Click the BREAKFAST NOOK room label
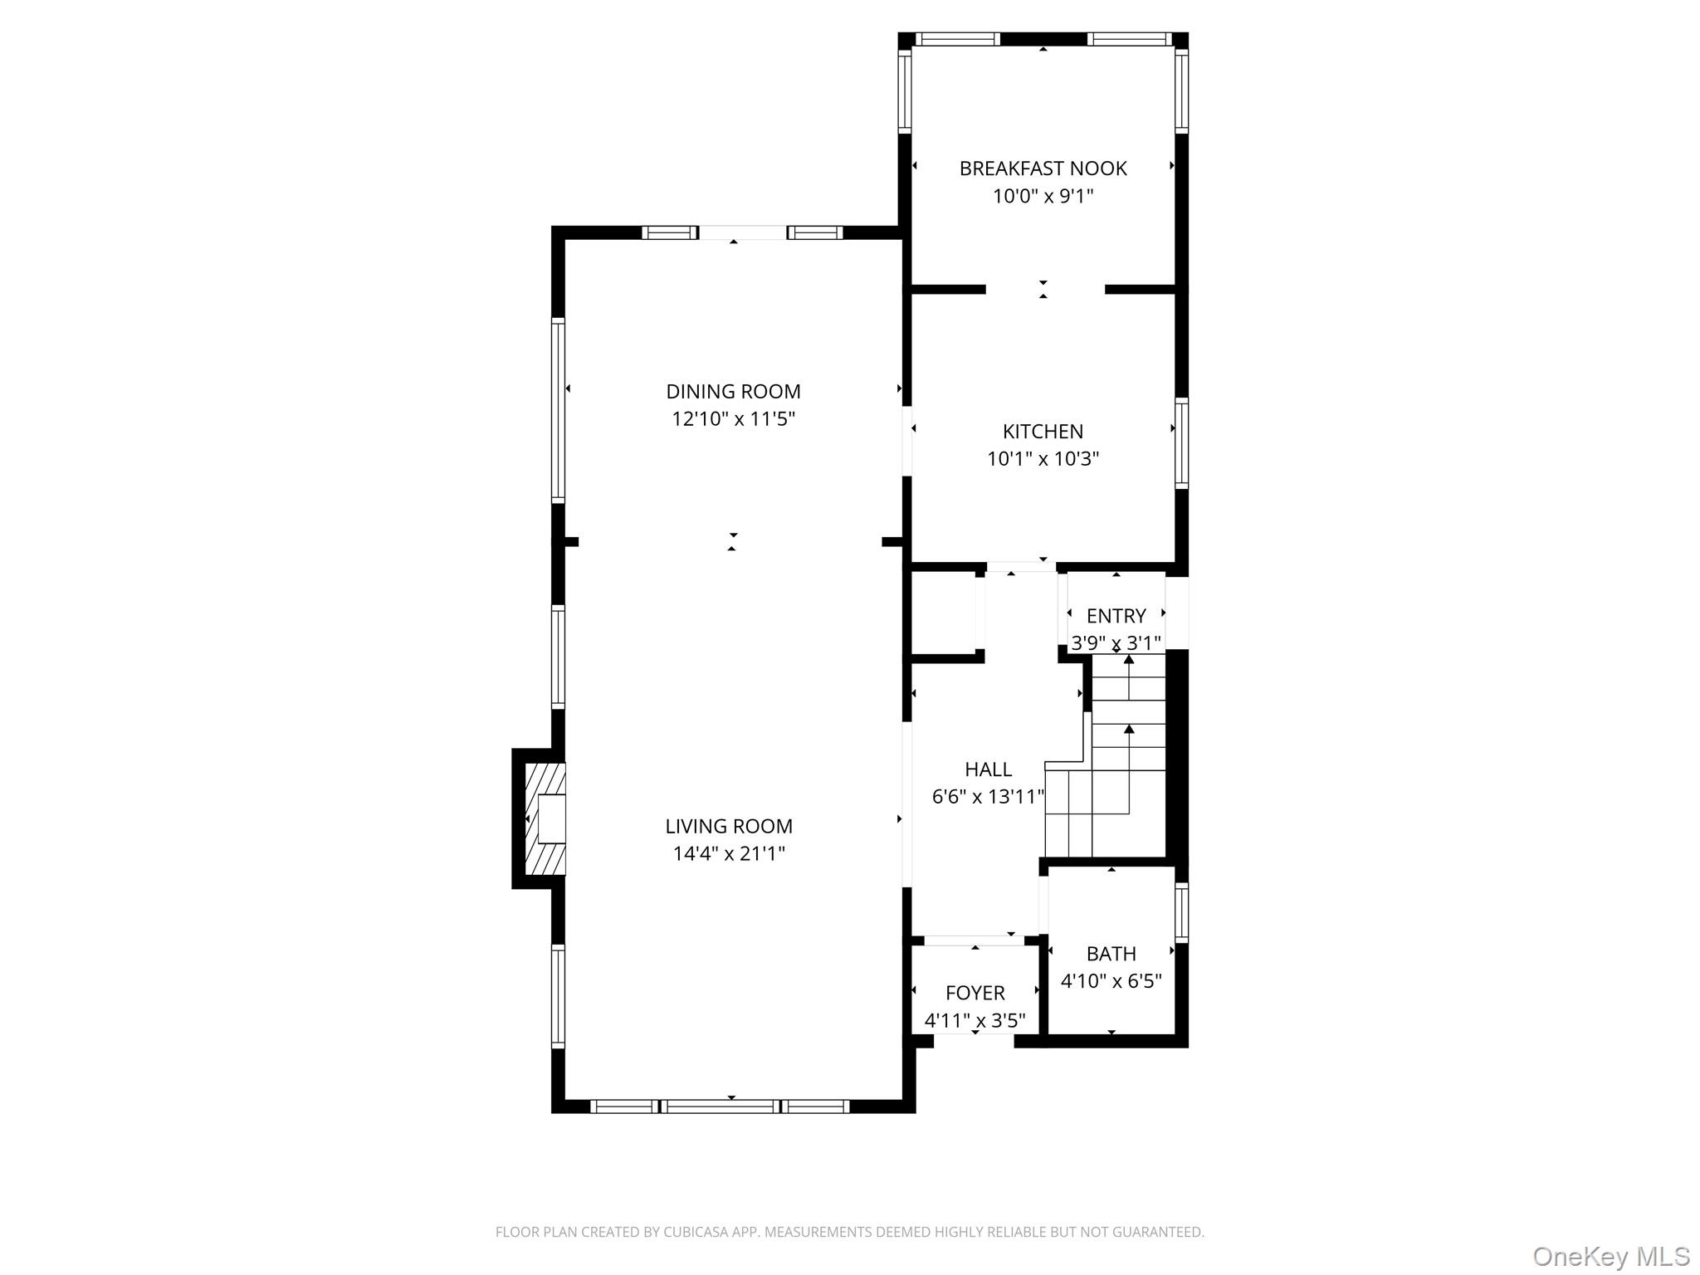pyautogui.click(x=1043, y=169)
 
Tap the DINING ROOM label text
pyautogui.click(x=733, y=391)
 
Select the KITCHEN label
pyautogui.click(x=1043, y=432)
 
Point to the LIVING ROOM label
pyautogui.click(x=729, y=826)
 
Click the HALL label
pyautogui.click(x=988, y=769)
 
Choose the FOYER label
pyautogui.click(x=975, y=993)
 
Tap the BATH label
pyautogui.click(x=1111, y=954)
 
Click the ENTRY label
pyautogui.click(x=1116, y=616)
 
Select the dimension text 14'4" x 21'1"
pyautogui.click(x=729, y=853)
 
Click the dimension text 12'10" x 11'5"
pyautogui.click(x=733, y=418)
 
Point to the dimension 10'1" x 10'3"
pyautogui.click(x=1043, y=459)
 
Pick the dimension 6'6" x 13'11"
pyautogui.click(x=988, y=797)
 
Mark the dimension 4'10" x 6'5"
pyautogui.click(x=1111, y=981)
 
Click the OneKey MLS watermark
pyautogui.click(x=1610, y=1256)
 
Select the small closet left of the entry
pyautogui.click(x=944, y=614)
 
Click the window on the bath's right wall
pyautogui.click(x=1181, y=912)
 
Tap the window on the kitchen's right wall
pyautogui.click(x=1181, y=443)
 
